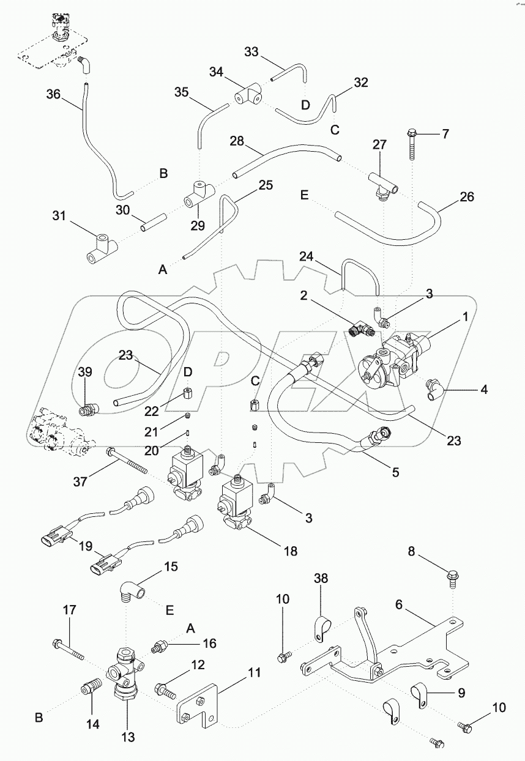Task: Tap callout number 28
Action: [237, 141]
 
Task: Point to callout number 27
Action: [379, 144]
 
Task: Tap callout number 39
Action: [85, 373]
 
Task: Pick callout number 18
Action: [289, 551]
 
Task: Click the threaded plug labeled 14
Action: [89, 691]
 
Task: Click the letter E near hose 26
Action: [304, 195]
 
